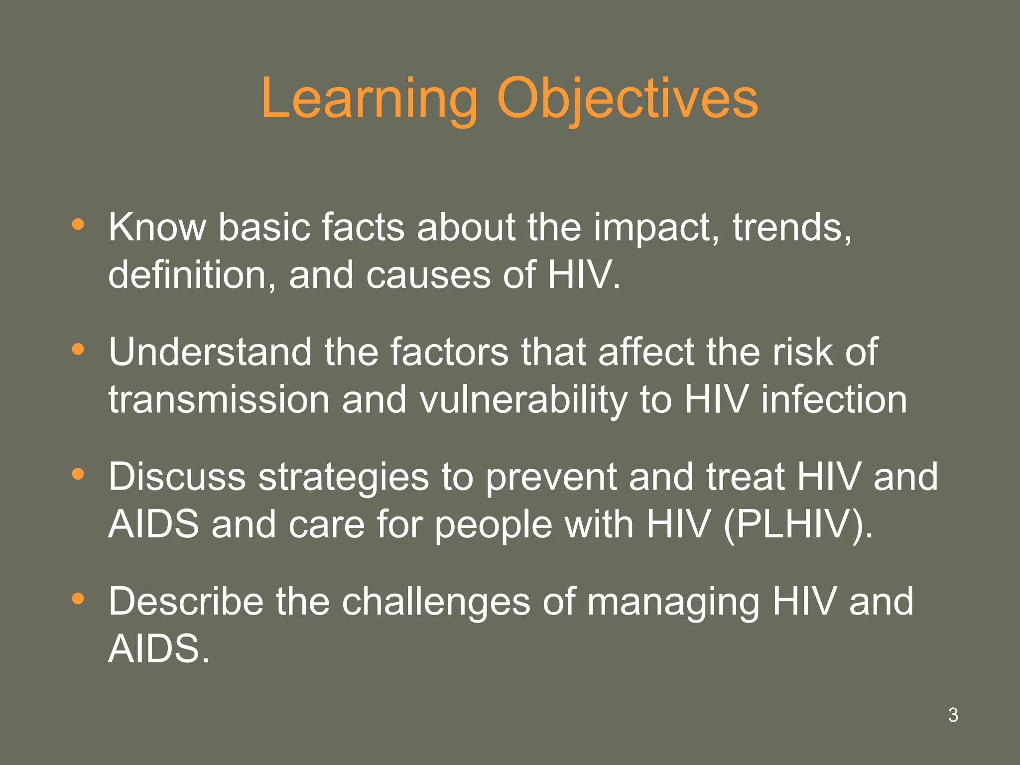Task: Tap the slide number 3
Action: [x=953, y=715]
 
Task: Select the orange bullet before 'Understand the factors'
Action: [x=78, y=349]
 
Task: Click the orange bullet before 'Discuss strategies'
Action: [x=78, y=474]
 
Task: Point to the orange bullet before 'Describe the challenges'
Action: [x=78, y=599]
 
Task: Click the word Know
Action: [x=157, y=227]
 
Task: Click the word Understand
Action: [x=210, y=352]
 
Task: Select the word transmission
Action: [x=219, y=400]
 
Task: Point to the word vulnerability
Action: [x=523, y=400]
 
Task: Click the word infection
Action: [x=834, y=400]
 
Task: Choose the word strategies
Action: [x=344, y=477]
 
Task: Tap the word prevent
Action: [x=551, y=477]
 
